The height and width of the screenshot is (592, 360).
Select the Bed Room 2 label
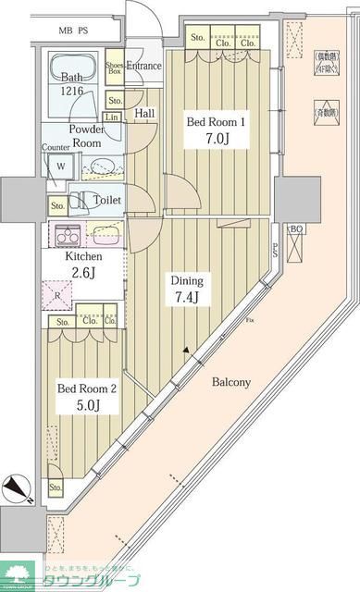[x=87, y=388]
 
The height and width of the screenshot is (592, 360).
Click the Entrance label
[x=144, y=66]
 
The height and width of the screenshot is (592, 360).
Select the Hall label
[x=144, y=113]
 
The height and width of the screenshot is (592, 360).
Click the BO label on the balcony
[x=297, y=229]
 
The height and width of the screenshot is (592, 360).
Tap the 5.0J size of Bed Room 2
[x=86, y=406]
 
